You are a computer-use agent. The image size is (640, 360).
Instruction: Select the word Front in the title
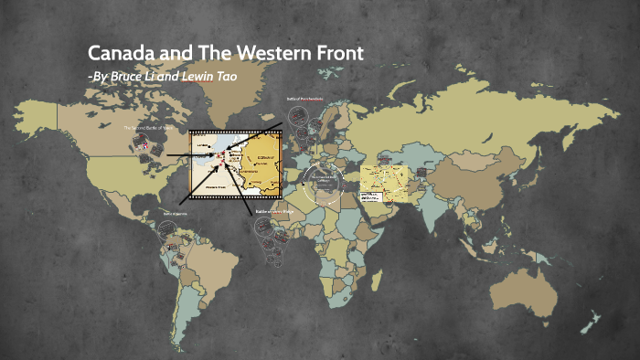point(335,53)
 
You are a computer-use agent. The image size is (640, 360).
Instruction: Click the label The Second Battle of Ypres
point(147,129)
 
